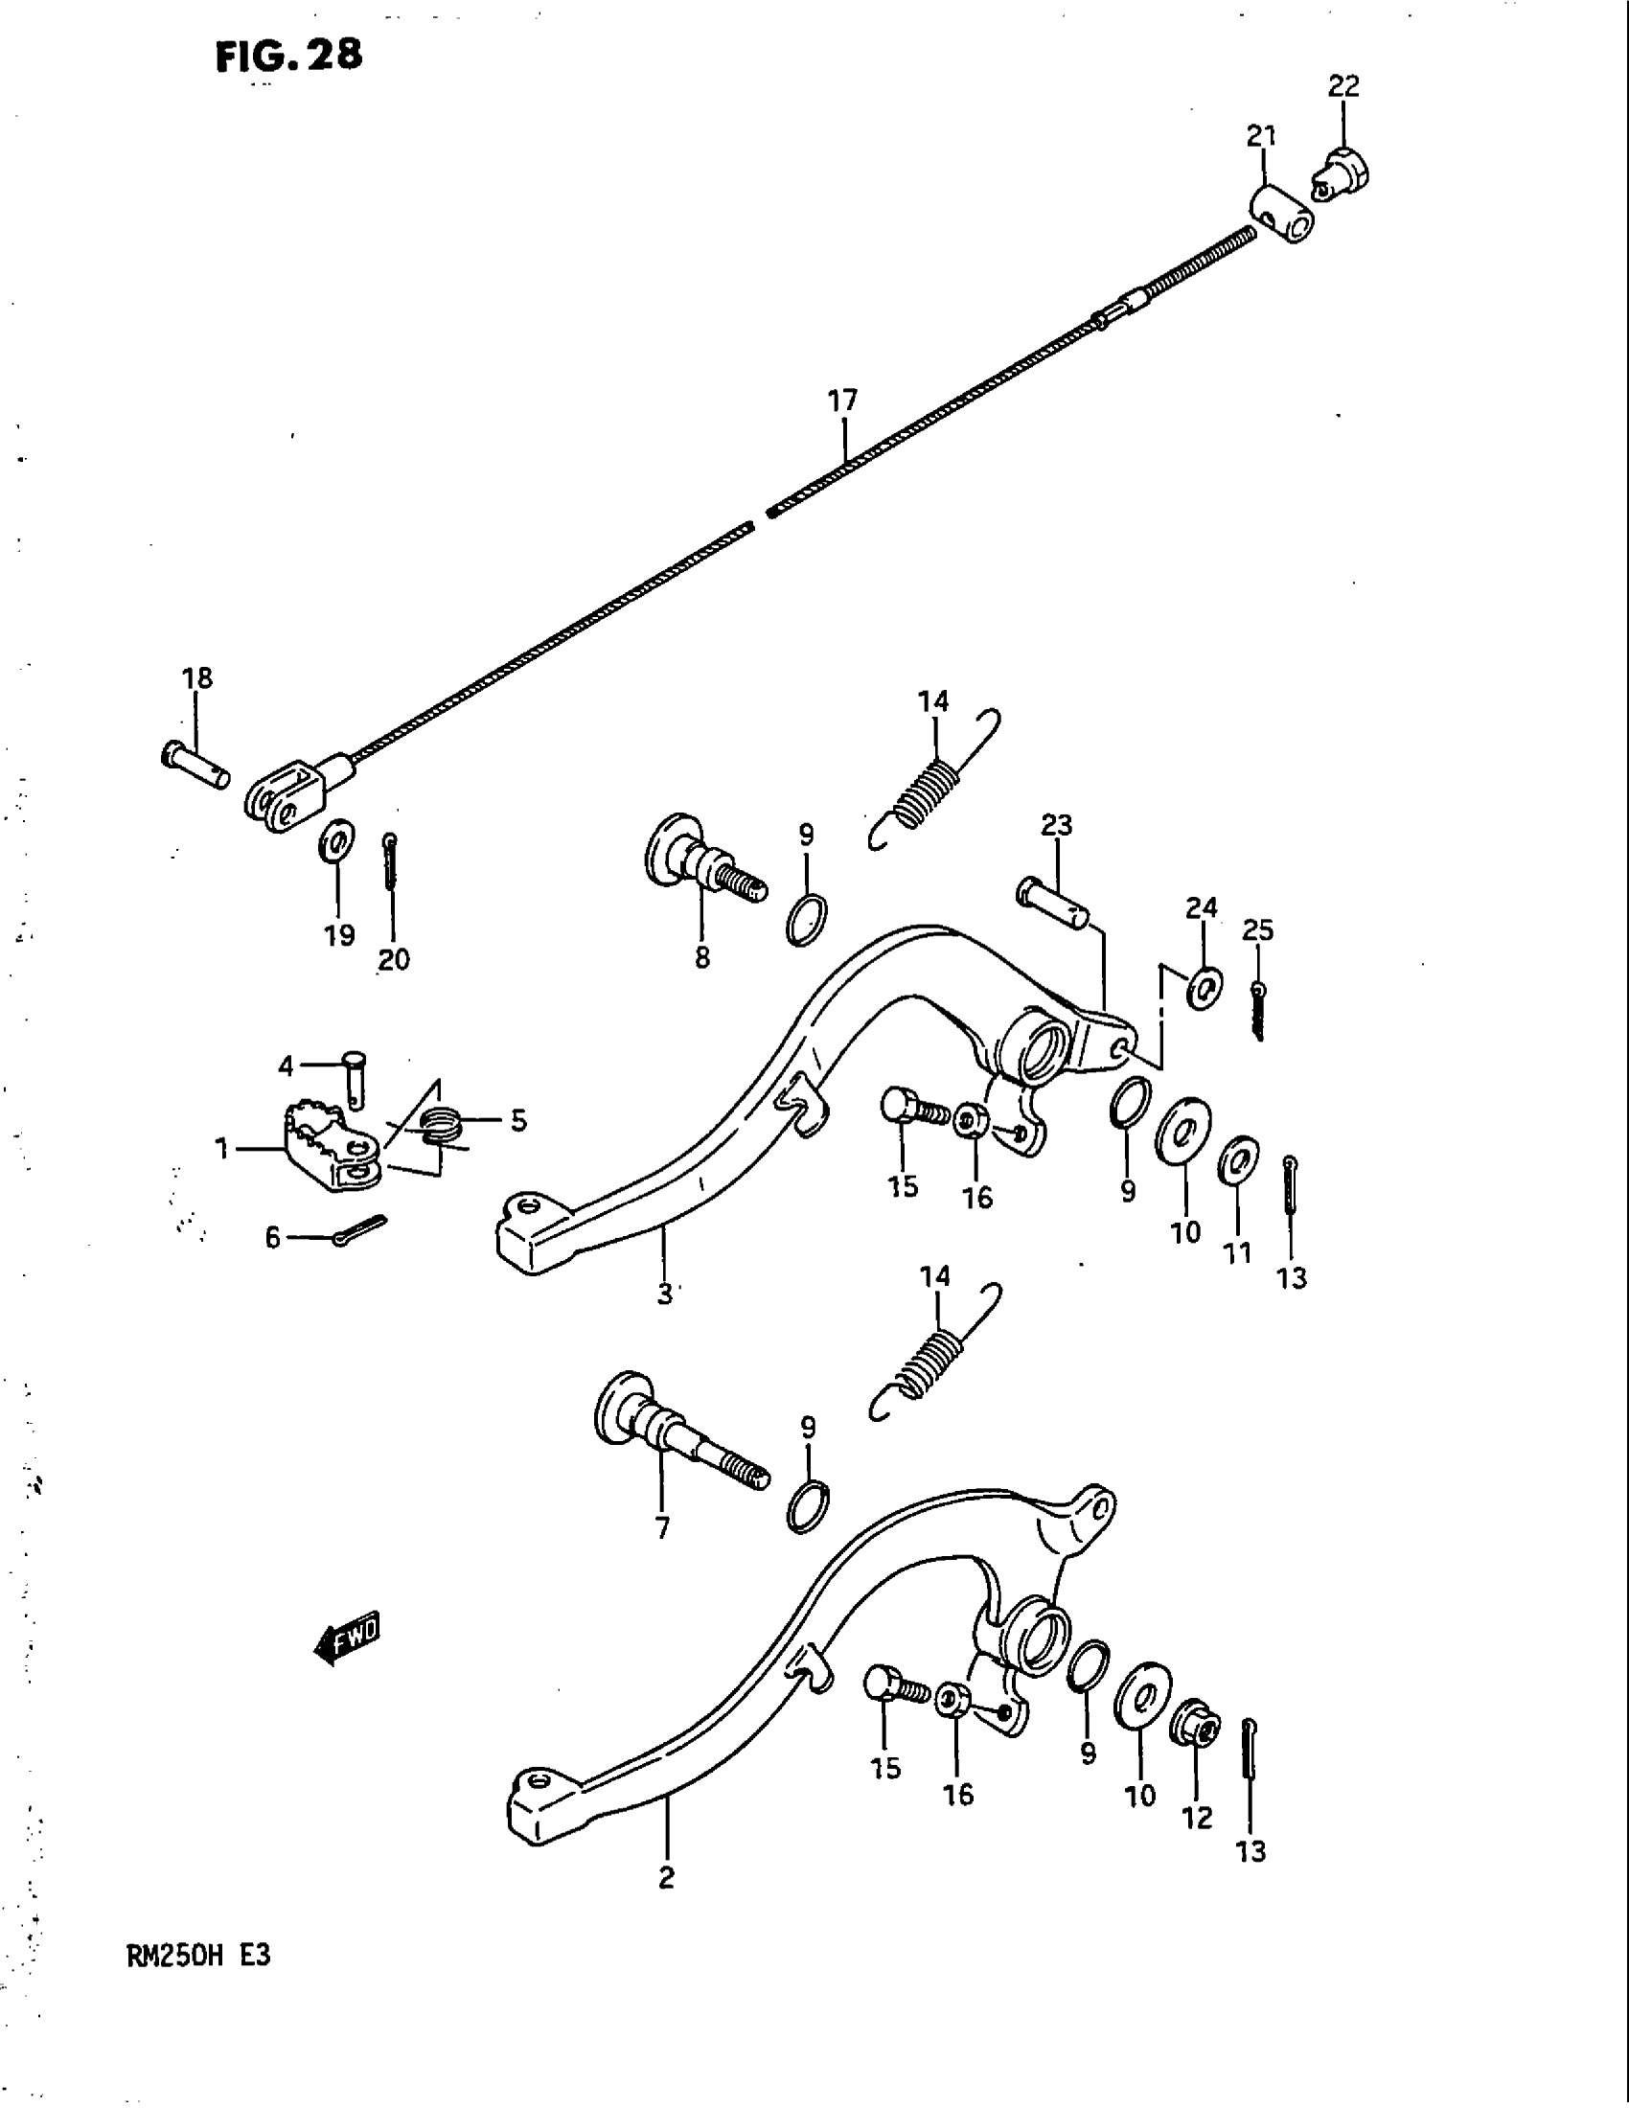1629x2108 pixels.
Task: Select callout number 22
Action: coord(1343,87)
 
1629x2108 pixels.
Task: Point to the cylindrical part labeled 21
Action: coord(1280,216)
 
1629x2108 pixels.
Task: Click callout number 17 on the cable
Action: coord(842,401)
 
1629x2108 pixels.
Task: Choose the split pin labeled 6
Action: coord(359,1229)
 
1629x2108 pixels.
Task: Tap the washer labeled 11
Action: coord(1238,1160)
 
